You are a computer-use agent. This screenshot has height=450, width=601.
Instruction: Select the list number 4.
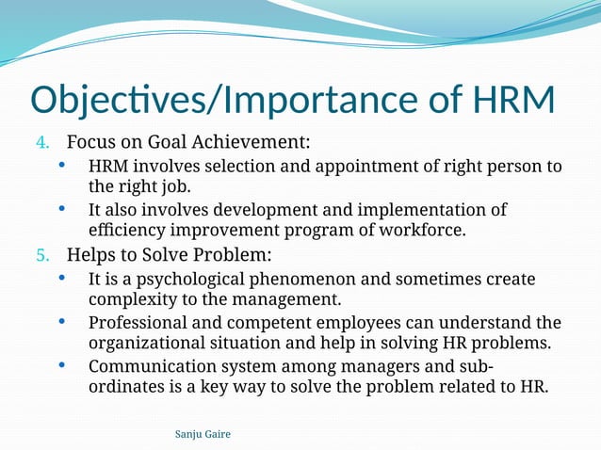click(41, 144)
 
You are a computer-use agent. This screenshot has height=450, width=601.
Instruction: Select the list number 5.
click(41, 256)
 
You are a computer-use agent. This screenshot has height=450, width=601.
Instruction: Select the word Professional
click(138, 323)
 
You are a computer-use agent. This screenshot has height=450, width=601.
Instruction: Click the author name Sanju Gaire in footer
click(203, 433)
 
